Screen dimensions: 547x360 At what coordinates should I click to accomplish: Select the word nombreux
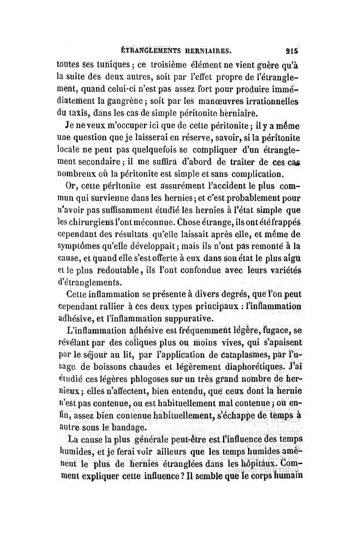coord(78,174)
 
